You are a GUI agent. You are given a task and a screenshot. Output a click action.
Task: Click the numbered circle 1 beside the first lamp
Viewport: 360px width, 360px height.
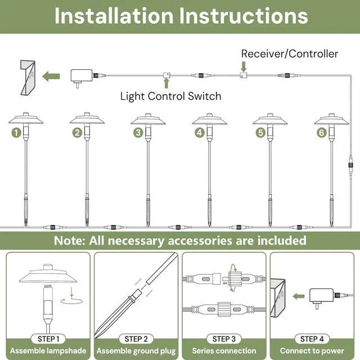point(16,133)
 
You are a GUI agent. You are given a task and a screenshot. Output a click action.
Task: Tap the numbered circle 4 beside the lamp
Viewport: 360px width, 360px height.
point(200,133)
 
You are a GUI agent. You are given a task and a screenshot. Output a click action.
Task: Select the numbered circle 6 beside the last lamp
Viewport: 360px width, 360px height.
point(321,133)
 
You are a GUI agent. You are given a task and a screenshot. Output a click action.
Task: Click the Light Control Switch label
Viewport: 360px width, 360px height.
point(170,96)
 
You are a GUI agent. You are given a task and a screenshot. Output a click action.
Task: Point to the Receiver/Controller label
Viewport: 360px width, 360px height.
point(290,54)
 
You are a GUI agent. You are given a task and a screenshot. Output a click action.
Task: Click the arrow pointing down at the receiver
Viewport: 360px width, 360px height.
point(244,66)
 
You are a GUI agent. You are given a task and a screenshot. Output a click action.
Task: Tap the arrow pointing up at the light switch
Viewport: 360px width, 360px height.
point(166,83)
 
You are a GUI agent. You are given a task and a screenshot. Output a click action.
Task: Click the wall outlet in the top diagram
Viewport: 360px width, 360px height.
point(28,78)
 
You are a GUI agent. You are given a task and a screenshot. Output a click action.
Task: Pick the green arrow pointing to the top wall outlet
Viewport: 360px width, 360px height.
point(51,76)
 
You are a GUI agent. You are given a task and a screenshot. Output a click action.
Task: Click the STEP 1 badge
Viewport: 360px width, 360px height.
point(48,339)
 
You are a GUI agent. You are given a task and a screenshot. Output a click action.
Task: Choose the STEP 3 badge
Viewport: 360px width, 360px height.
point(224,339)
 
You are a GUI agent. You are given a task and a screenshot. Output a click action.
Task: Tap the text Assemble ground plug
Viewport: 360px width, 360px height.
point(136,351)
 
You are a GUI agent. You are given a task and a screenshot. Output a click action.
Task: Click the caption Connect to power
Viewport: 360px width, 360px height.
point(312,351)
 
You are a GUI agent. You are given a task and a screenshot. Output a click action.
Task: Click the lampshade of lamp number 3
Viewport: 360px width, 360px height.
point(148,120)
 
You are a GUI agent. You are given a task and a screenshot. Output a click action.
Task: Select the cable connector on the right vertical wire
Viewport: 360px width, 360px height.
point(350,165)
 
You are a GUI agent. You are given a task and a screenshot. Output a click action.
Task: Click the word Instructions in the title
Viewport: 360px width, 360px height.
point(244,16)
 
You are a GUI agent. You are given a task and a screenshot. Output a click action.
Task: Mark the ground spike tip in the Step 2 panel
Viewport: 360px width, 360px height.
point(96,337)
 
